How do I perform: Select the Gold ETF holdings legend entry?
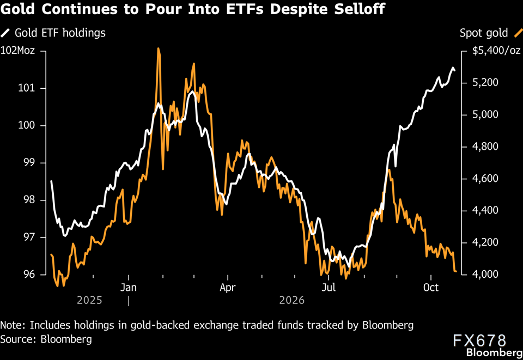53,33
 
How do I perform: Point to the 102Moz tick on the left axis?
17,51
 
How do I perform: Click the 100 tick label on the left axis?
26,126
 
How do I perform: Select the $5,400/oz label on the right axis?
496,51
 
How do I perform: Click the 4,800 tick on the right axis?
485,147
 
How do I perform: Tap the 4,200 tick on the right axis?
485,242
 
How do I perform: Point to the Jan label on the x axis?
129,288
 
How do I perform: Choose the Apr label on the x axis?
228,288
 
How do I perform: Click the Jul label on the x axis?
329,288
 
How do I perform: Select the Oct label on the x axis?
431,288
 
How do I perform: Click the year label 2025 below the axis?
89,300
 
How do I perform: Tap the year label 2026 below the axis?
292,300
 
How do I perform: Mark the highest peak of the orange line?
158,48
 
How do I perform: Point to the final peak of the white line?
453,68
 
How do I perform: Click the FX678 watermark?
479,341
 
